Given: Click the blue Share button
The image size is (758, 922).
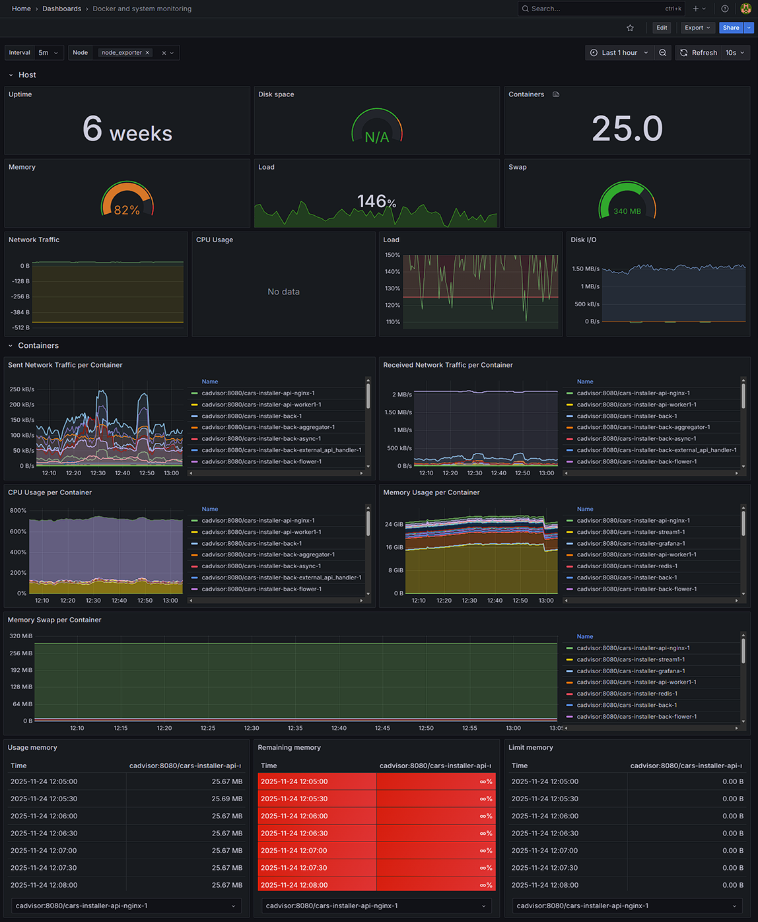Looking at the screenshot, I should [x=730, y=28].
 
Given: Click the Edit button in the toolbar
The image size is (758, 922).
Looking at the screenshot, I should [x=662, y=28].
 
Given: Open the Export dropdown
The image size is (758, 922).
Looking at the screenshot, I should [x=697, y=28].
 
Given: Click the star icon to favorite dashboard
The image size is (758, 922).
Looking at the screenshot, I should [x=630, y=28].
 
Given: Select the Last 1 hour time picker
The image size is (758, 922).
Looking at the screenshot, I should [x=619, y=53].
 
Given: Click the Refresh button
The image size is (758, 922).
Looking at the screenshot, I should [x=699, y=53].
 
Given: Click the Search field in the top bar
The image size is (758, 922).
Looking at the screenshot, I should [x=594, y=9].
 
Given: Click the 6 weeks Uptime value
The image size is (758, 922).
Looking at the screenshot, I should [x=127, y=129].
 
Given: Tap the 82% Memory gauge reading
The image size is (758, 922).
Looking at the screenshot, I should [x=127, y=210].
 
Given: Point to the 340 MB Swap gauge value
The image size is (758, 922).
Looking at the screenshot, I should [x=627, y=211].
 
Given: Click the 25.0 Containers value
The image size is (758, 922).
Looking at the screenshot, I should [x=627, y=129].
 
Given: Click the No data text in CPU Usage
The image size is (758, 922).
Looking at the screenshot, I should [x=283, y=292].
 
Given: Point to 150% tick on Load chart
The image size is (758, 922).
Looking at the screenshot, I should [x=392, y=255].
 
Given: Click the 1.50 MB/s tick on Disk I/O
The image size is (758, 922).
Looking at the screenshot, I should [x=586, y=269].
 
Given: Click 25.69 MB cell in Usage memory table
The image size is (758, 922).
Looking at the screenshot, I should [x=226, y=799].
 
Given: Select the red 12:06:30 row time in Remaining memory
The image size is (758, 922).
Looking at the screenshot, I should [x=294, y=833].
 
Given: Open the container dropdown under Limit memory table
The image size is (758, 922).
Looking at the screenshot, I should [x=627, y=906].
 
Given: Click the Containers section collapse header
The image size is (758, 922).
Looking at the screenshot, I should [x=38, y=346].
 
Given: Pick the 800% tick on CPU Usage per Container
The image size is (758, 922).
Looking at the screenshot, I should [x=18, y=510].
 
